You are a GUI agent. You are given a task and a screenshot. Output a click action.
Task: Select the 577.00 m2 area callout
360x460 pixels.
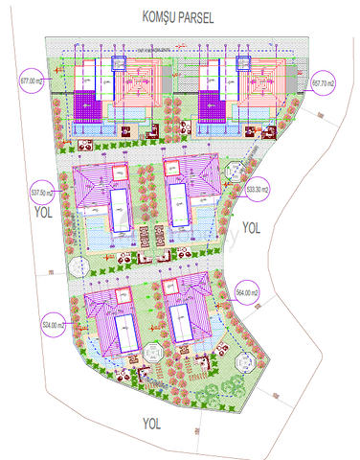(x=34, y=82)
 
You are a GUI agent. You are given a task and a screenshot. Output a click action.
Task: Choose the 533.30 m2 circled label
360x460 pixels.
(x=258, y=189)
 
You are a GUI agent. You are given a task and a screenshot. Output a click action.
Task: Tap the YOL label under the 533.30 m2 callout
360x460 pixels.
(x=251, y=227)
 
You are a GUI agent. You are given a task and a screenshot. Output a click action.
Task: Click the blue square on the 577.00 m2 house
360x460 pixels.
(x=122, y=63)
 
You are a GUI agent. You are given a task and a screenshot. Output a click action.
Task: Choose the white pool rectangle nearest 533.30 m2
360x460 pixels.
(x=178, y=206)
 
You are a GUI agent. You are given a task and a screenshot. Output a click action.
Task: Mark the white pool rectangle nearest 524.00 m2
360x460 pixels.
(x=123, y=335)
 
